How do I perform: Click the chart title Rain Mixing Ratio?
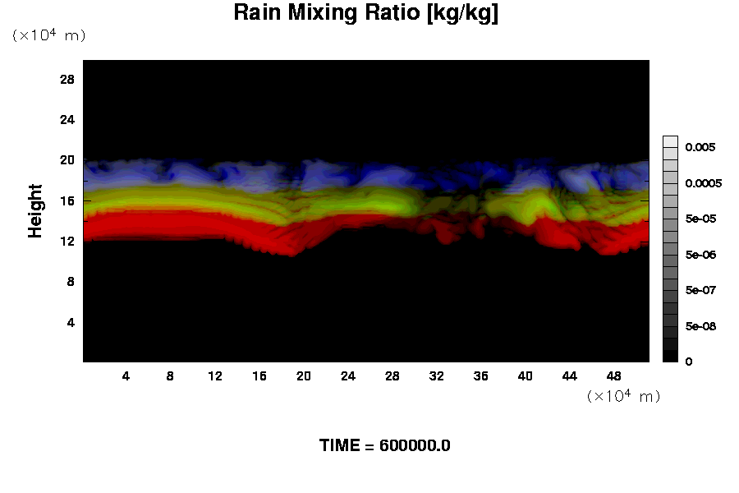[365, 13]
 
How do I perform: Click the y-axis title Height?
[35, 220]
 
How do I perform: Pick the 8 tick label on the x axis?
[171, 376]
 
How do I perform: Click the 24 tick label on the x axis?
[348, 376]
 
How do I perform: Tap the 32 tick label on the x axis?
[437, 376]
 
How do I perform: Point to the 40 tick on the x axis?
[526, 376]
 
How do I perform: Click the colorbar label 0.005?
[700, 147]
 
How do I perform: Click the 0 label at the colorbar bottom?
[688, 362]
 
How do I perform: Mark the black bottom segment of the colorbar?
[670, 357]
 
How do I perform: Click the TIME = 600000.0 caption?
[384, 446]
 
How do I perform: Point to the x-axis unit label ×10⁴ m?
[623, 396]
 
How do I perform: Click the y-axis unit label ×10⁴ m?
[48, 35]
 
